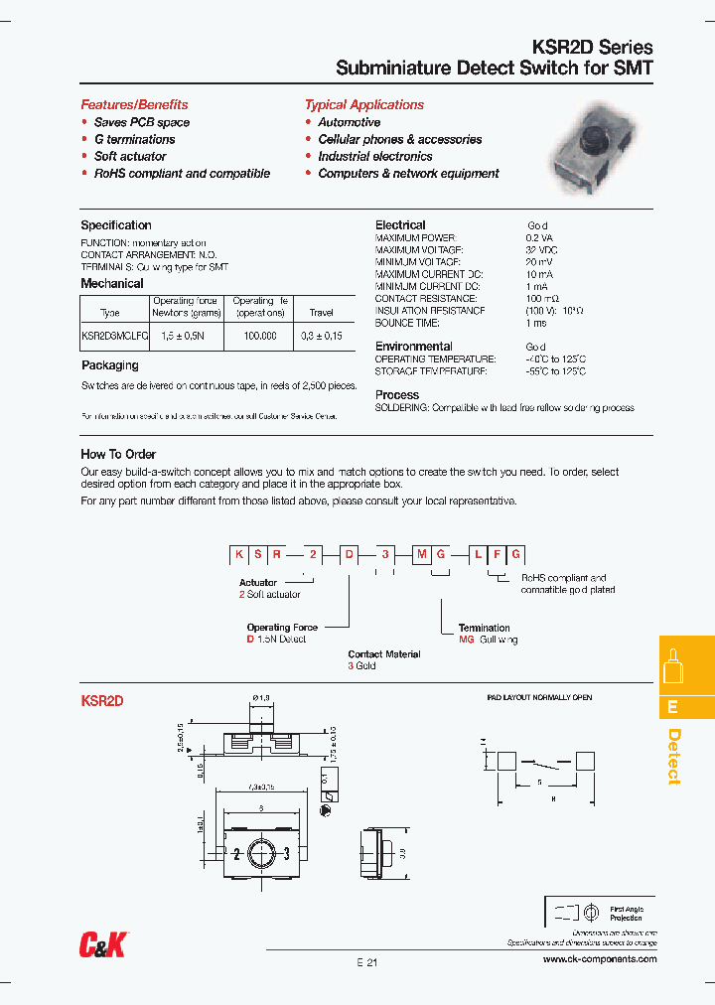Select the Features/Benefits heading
(134, 104)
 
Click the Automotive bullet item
(349, 122)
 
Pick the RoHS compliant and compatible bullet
(182, 173)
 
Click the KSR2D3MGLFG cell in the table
(114, 337)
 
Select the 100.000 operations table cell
(260, 337)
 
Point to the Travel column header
(322, 312)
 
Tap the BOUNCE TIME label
(407, 323)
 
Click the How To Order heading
(118, 454)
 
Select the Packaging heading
(109, 365)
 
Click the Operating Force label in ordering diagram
(282, 628)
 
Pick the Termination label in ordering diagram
(484, 628)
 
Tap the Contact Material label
(384, 654)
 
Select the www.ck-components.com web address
(600, 959)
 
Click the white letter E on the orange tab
(672, 707)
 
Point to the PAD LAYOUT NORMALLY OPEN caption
(539, 698)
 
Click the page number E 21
(366, 962)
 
